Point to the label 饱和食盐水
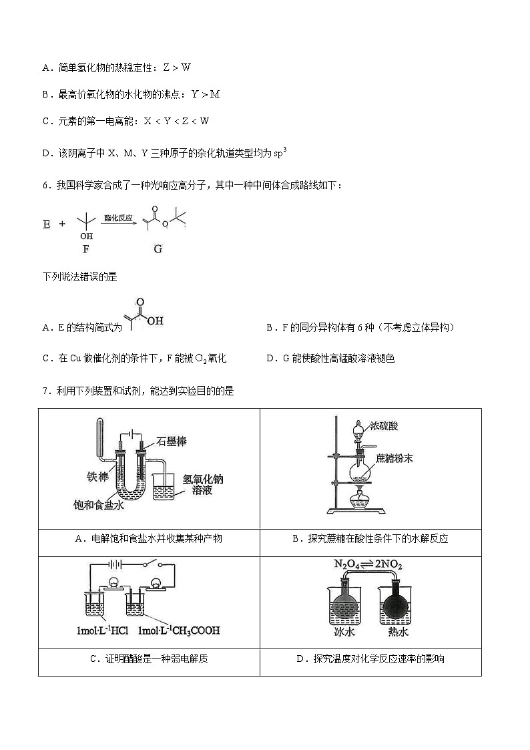point(99,506)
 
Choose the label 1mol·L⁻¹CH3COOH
point(179,630)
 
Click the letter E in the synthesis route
point(47,224)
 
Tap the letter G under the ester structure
point(158,249)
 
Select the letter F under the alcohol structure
point(85,249)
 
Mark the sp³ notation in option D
point(280,152)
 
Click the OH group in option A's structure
point(155,321)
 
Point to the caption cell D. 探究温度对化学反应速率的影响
point(370,659)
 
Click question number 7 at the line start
point(45,391)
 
